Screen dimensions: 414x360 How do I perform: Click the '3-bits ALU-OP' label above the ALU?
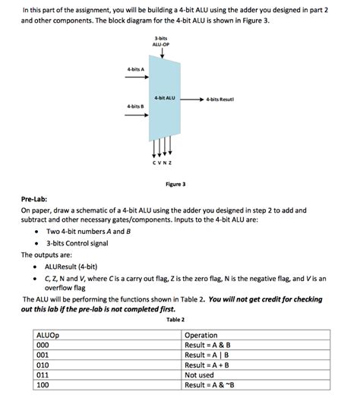click(160, 42)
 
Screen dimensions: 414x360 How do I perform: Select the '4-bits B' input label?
click(136, 106)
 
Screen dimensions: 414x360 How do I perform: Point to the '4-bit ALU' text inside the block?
click(164, 98)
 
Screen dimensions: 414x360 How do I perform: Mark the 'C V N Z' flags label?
click(162, 162)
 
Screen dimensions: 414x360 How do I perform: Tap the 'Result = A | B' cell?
click(208, 355)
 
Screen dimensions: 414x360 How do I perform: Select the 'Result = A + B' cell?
click(209, 365)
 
